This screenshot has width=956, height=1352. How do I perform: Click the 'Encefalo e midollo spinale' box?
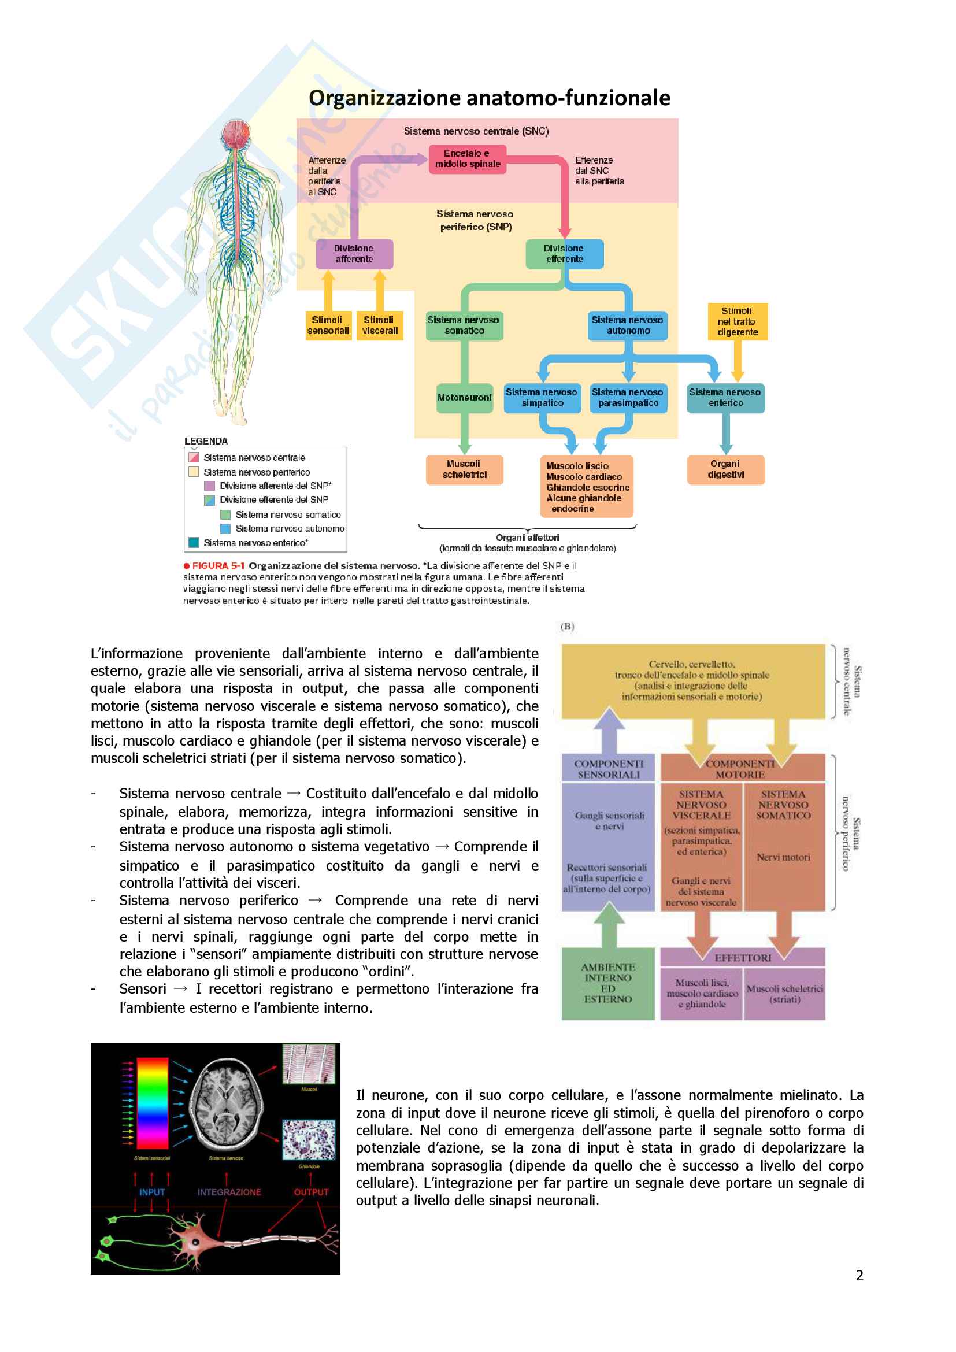tap(468, 159)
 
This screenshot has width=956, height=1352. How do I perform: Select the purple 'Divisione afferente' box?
tap(354, 254)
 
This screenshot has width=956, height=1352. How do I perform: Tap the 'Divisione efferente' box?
tap(564, 254)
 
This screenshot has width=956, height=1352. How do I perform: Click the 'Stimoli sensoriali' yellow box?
tap(328, 325)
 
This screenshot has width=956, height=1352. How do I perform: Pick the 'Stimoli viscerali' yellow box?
tap(379, 325)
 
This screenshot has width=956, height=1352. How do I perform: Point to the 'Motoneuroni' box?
tap(464, 398)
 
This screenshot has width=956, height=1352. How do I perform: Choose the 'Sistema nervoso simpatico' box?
tap(542, 398)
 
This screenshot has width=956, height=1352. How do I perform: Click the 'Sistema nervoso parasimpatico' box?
tap(628, 398)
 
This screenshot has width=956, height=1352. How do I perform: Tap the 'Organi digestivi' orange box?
tap(725, 469)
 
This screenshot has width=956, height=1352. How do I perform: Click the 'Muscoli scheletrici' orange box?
tap(464, 469)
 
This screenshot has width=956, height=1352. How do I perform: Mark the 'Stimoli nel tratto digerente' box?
tap(737, 321)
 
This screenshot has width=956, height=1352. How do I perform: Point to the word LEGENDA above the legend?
tap(206, 441)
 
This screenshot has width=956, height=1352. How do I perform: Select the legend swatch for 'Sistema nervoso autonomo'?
tap(225, 529)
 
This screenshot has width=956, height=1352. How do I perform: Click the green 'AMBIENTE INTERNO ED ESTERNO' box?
tap(608, 983)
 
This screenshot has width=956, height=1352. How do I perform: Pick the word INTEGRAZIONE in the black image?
tap(229, 1192)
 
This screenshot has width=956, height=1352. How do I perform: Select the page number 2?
tap(859, 1276)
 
